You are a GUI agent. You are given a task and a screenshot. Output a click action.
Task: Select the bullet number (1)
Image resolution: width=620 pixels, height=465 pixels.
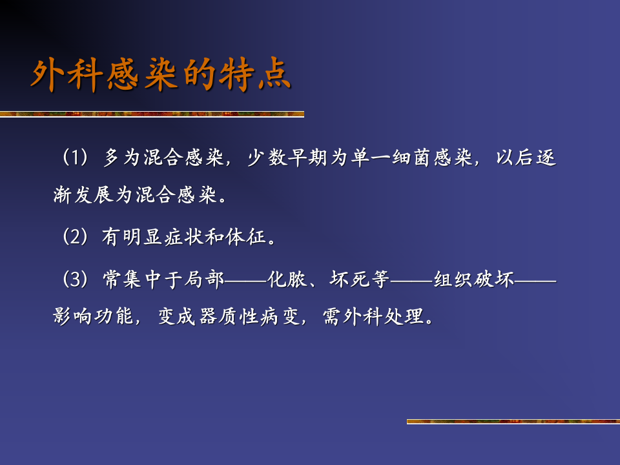tap(75, 158)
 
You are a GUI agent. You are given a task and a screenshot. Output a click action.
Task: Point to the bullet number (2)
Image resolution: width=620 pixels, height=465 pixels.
tap(75, 237)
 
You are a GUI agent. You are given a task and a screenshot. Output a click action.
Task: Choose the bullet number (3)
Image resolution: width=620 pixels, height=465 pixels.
tap(75, 280)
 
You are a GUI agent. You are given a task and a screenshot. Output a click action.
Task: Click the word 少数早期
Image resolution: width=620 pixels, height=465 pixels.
tap(288, 158)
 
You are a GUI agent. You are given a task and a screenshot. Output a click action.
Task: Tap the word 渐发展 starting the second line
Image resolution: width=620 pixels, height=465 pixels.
tap(83, 196)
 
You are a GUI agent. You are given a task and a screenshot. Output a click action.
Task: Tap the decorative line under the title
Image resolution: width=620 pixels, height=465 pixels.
tap(152, 114)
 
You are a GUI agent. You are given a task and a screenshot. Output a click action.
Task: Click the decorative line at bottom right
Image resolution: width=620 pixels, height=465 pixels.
tap(513, 422)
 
